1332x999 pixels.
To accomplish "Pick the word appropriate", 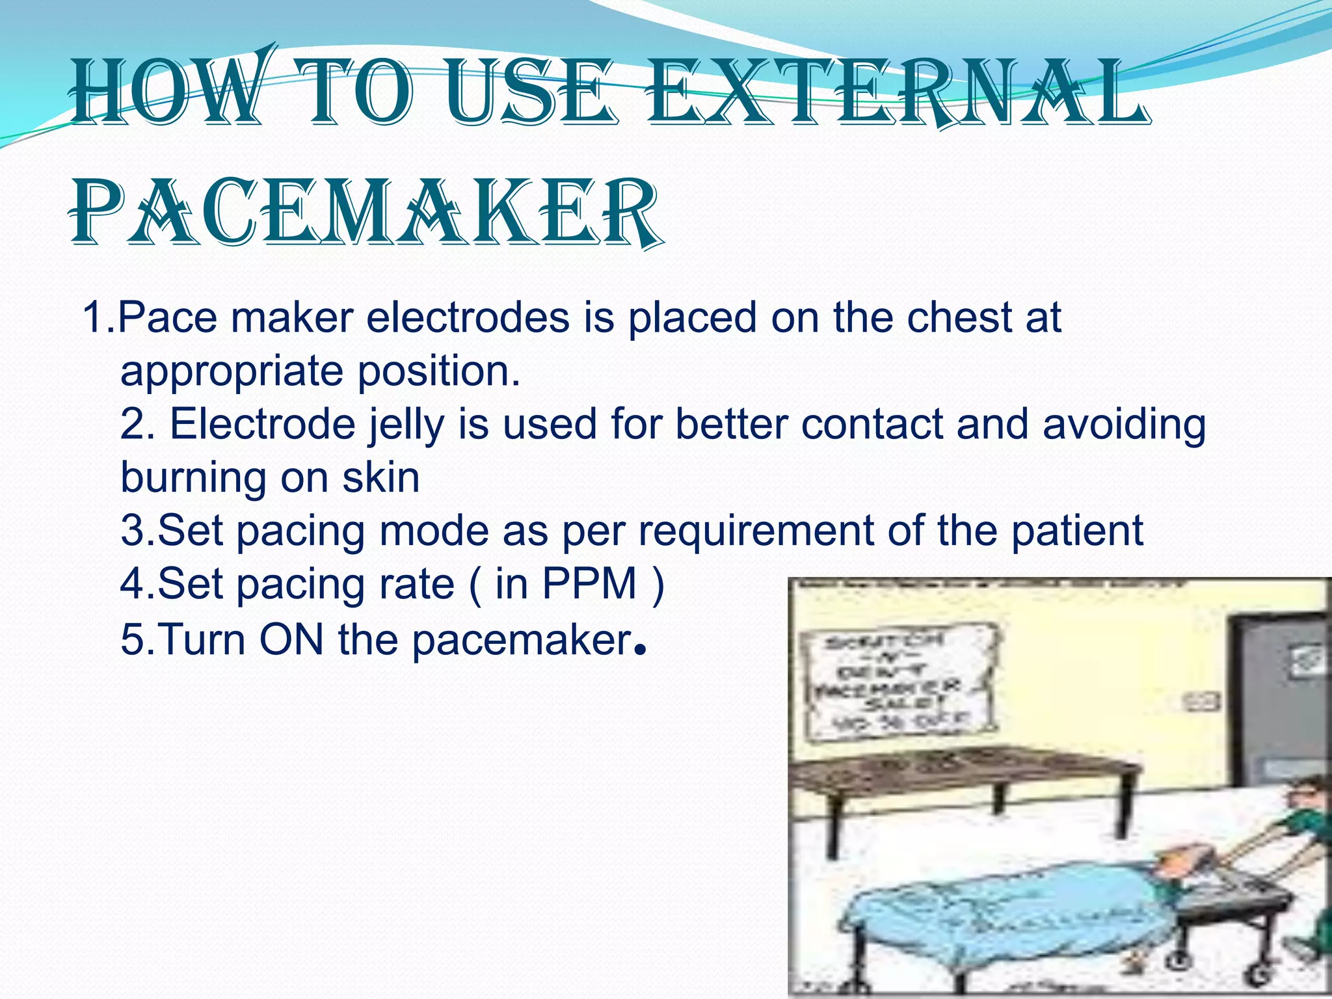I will coord(232,372).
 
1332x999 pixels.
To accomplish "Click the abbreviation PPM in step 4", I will coord(589,584).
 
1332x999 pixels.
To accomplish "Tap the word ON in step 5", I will coord(291,639).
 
